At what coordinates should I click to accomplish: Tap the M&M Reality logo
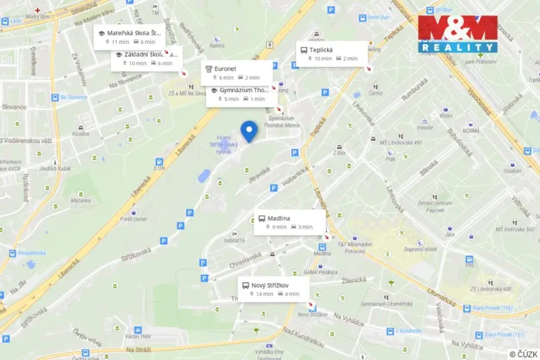(457, 34)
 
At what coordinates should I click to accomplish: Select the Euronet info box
(237, 72)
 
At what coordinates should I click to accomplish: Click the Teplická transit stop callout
(332, 53)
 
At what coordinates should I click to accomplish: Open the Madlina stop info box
(289, 222)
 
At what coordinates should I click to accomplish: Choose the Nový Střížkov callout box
(273, 289)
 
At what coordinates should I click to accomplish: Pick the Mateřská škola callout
(128, 37)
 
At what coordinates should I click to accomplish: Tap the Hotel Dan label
(378, 17)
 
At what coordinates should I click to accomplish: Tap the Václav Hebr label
(138, 336)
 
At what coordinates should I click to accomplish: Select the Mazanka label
(81, 200)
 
